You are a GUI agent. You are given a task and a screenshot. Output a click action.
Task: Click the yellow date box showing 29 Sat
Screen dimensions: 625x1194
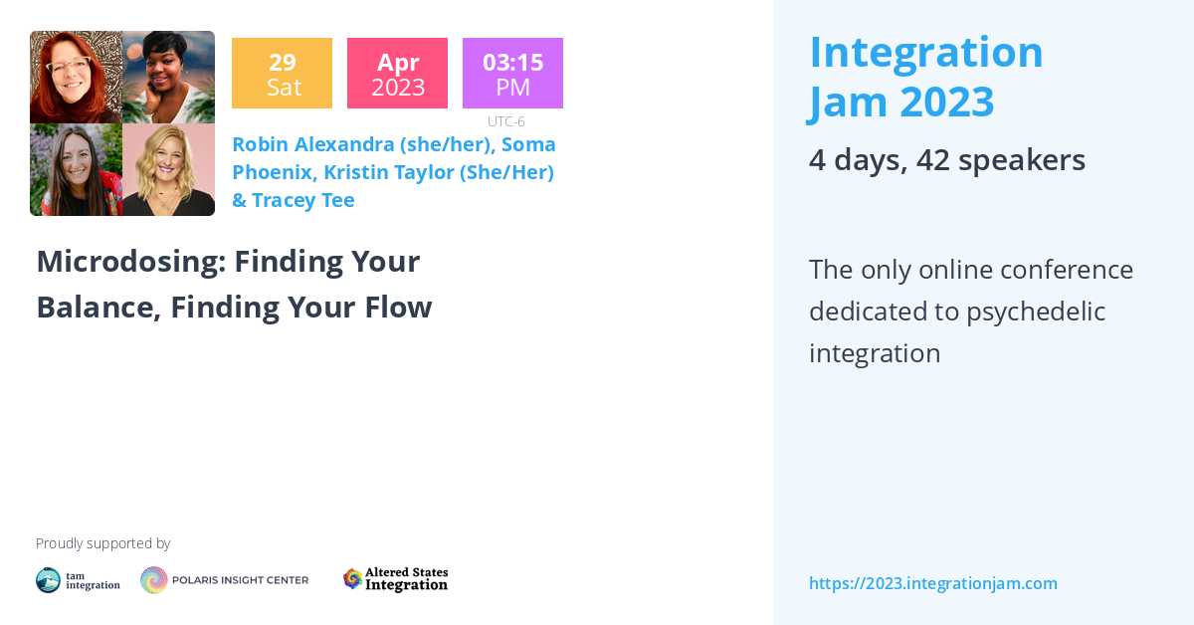[x=282, y=73]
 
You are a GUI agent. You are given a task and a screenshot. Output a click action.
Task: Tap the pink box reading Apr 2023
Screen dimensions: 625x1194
[x=397, y=73]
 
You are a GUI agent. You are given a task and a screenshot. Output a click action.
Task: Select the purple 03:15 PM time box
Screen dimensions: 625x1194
[x=512, y=73]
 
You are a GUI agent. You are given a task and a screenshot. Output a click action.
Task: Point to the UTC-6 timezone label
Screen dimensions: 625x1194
[x=506, y=121]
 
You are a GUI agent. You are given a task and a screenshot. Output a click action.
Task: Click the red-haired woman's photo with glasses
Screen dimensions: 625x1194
[x=76, y=77]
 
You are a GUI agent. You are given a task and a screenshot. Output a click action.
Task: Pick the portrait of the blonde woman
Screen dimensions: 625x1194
[x=168, y=169]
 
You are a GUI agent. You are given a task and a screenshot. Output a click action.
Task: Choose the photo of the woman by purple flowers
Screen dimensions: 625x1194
[x=76, y=169]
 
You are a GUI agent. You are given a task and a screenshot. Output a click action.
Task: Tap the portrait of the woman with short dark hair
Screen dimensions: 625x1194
[x=168, y=77]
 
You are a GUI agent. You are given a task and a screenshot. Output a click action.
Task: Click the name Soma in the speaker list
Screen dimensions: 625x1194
[x=528, y=144]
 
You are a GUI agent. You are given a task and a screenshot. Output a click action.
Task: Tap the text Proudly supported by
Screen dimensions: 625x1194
[x=102, y=543]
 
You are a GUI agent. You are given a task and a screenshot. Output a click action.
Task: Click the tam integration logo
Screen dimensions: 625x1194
[x=78, y=580]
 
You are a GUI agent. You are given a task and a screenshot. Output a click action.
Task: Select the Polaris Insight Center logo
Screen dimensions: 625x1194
[x=224, y=580]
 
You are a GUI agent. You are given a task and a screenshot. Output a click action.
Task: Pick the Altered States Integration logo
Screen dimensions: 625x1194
[x=395, y=579]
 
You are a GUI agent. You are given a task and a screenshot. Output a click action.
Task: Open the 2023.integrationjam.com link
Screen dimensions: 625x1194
[x=932, y=583]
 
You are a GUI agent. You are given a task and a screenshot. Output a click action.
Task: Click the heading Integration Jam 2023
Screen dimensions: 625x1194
[x=925, y=77]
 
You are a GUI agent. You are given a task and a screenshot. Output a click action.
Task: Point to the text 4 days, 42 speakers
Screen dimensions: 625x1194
[x=946, y=160]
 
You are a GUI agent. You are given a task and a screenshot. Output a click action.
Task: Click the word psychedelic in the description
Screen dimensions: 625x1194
[x=1036, y=312]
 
